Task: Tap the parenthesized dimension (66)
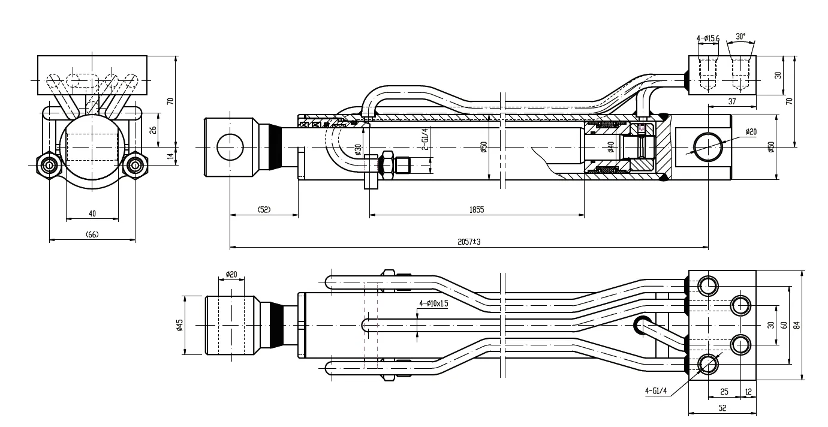(92, 234)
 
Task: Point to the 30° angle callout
(740, 36)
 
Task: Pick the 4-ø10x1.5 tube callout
(434, 303)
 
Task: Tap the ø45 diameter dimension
(179, 324)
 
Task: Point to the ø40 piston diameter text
(610, 146)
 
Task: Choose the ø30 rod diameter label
(358, 149)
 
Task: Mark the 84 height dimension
(797, 324)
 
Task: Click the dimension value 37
(731, 102)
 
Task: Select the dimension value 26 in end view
(153, 130)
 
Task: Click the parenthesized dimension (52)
(264, 209)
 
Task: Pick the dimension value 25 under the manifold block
(724, 392)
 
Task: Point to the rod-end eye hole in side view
(230, 147)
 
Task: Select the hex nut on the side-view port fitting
(387, 163)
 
